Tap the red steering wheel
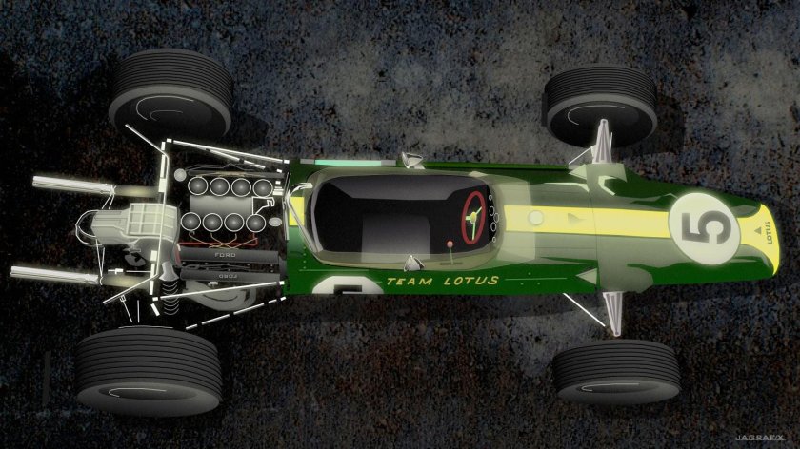(473, 216)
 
